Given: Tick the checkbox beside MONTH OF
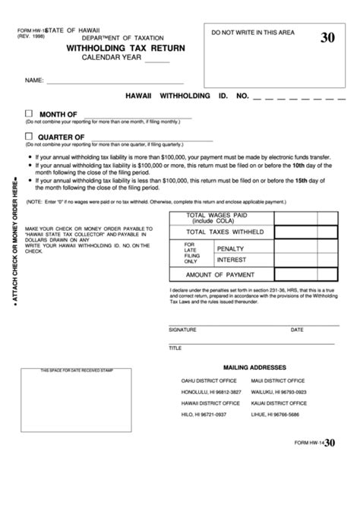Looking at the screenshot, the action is click(x=29, y=113).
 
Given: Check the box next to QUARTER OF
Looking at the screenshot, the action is click(x=29, y=136).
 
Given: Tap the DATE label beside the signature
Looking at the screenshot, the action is click(x=296, y=330).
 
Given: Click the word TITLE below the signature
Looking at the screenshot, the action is click(x=175, y=348).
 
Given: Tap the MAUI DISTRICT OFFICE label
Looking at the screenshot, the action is click(x=278, y=380).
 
